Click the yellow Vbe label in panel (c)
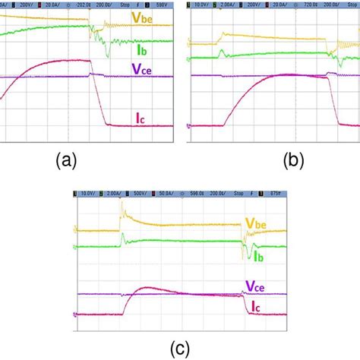pos(256,224)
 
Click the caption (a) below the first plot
pos(65,161)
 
